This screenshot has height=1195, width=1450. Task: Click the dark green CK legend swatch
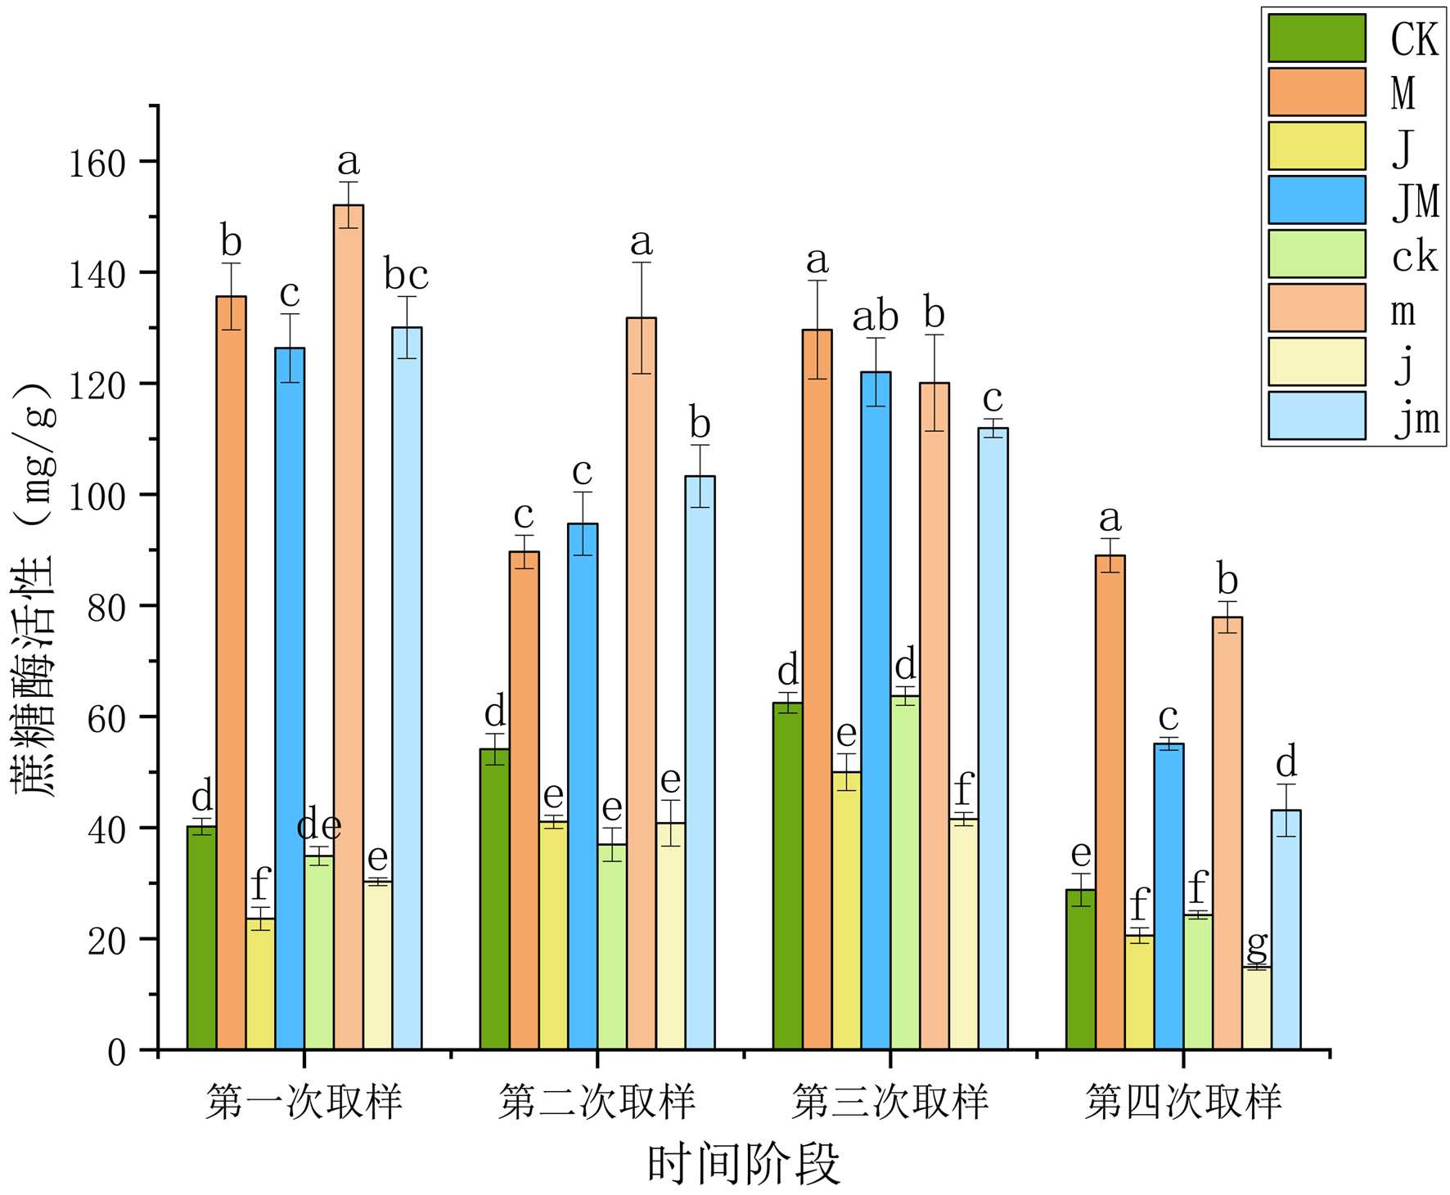[1316, 38]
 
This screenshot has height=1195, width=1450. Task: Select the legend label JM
[1415, 200]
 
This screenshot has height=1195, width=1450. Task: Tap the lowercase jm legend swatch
[1316, 416]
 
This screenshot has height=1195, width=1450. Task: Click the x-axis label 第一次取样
[304, 1103]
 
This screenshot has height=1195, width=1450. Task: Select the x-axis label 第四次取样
[1183, 1103]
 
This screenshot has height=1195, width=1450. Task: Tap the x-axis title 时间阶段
[743, 1163]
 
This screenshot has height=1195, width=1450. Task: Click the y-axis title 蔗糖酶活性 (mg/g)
[34, 589]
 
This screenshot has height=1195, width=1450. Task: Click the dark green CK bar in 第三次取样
[787, 875]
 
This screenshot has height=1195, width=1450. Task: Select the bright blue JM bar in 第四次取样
[1169, 896]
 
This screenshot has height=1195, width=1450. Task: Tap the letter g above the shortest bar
[1257, 946]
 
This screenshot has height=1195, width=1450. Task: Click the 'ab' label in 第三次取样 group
[876, 317]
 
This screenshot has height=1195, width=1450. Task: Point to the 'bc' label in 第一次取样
[407, 275]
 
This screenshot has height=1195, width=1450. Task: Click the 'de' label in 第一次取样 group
[319, 826]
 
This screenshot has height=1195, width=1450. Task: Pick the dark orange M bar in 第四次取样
[1110, 802]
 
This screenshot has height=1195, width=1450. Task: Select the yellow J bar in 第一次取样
[260, 983]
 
